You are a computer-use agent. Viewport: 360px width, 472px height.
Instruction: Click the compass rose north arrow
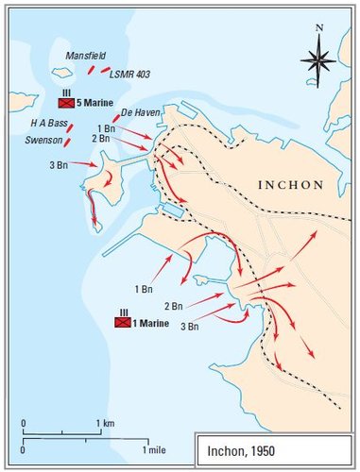(319, 59)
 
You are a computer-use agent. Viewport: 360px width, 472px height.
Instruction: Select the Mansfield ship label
(85, 56)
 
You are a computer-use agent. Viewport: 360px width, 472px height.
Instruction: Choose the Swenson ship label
(43, 140)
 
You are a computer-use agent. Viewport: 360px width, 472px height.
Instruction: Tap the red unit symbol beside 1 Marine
(122, 322)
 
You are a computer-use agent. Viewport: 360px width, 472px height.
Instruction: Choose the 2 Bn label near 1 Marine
(172, 306)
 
